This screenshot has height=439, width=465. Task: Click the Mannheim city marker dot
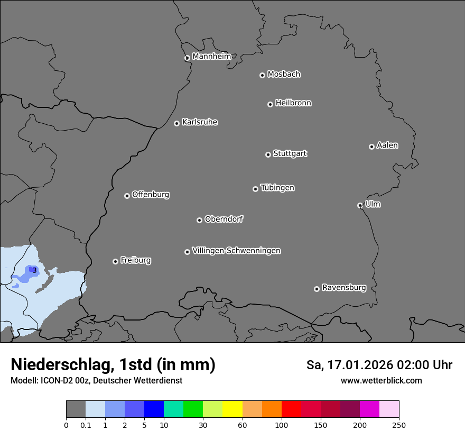[x=187, y=58]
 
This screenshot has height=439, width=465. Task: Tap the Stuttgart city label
[x=290, y=153]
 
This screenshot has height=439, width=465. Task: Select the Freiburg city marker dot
[x=115, y=261]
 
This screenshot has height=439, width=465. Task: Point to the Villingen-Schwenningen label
[x=236, y=251]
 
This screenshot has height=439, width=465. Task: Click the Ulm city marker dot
[x=360, y=205]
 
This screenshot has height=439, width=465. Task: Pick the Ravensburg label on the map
[x=343, y=288]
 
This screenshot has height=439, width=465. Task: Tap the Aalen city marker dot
[x=371, y=147]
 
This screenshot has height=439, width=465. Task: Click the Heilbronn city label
[x=293, y=103]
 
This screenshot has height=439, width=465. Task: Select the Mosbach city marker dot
[x=262, y=75]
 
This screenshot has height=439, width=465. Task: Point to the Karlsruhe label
[x=200, y=122]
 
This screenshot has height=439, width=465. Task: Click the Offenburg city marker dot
[x=127, y=196]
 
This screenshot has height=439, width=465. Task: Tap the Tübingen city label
[x=277, y=188]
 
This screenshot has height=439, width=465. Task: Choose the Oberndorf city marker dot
[x=199, y=220]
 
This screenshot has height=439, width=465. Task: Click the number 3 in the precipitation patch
[x=34, y=270]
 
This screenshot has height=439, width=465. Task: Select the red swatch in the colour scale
[x=291, y=409]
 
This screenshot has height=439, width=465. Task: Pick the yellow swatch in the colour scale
[x=232, y=409]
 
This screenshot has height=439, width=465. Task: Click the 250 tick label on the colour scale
[x=399, y=425]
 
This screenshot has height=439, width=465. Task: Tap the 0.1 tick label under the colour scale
[x=85, y=425]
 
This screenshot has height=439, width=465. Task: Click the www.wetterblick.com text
[x=381, y=381]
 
